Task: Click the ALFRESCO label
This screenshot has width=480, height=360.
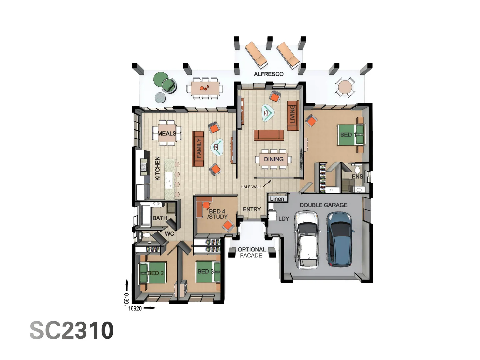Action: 269,74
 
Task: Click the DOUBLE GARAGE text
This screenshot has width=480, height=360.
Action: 323,205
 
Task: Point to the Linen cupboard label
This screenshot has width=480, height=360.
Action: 277,199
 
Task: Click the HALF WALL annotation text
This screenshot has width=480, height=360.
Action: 251,187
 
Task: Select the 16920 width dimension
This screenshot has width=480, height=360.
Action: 135,308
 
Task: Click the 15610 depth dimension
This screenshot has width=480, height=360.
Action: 127,299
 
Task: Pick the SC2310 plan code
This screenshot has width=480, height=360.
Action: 72,330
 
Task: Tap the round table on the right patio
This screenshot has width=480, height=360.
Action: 345,88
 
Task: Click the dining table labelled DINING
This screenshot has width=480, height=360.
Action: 274,159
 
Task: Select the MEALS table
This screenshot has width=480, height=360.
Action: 167,133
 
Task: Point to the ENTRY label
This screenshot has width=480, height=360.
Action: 252,209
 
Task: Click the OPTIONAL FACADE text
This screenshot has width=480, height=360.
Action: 251,252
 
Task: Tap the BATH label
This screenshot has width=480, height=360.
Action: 160,218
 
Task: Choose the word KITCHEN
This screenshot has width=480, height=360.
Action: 158,168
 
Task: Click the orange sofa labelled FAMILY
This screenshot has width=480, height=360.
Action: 198,148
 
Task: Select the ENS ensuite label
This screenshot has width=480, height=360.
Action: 357,176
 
